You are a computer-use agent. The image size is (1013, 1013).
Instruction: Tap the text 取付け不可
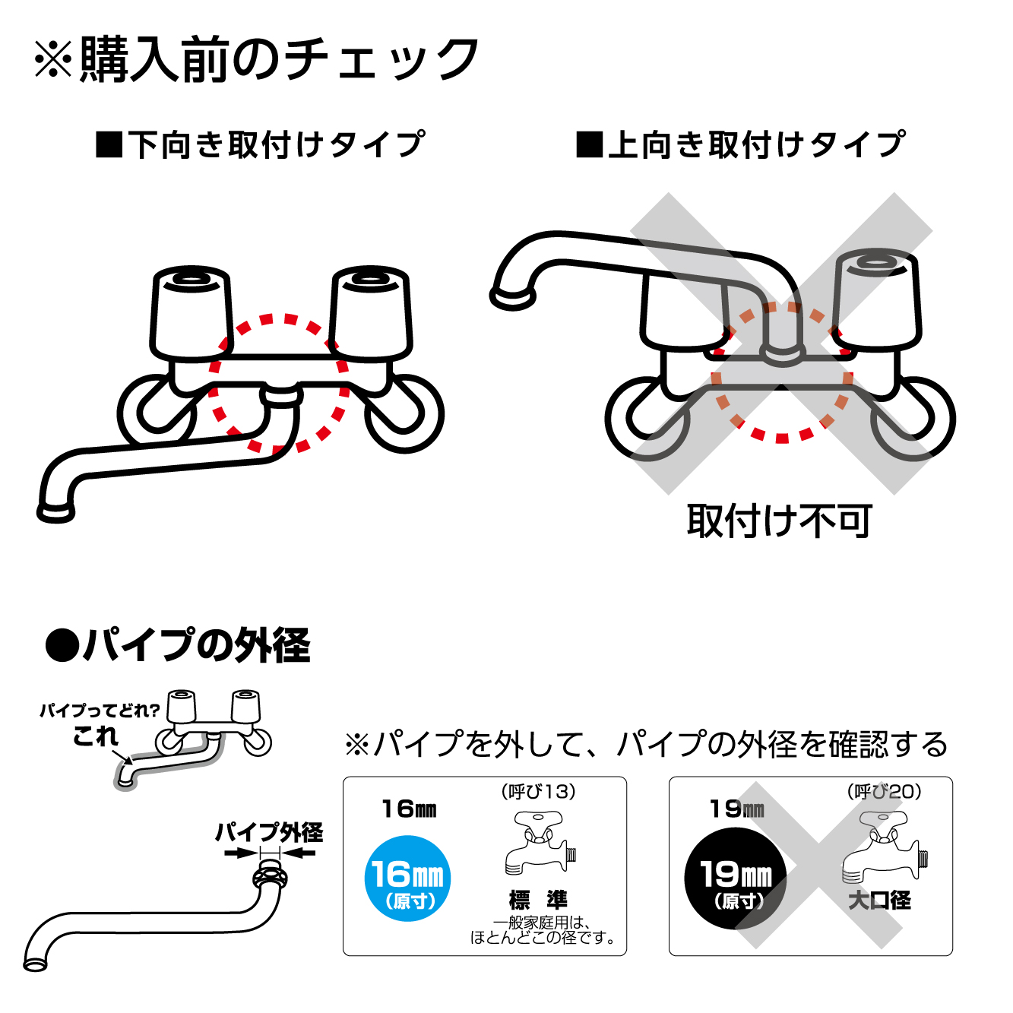(x=779, y=521)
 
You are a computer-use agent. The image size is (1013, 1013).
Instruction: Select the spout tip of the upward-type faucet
(x=511, y=297)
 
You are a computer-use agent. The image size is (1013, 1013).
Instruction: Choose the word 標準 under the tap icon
(x=538, y=900)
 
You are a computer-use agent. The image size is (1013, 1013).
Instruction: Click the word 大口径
(x=879, y=901)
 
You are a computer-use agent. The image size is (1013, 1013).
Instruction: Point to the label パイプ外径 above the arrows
(x=269, y=832)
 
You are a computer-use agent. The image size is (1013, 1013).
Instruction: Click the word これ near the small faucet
(x=96, y=736)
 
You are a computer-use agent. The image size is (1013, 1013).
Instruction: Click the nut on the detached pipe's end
(x=270, y=878)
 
